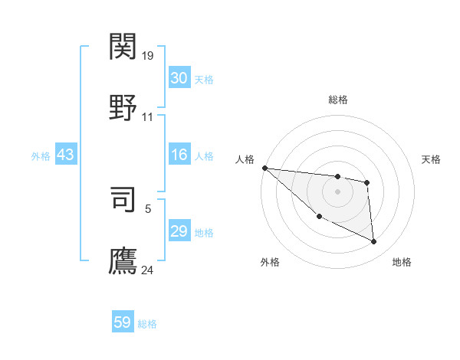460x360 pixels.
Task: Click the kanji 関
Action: coord(123,47)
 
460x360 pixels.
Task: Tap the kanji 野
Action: coord(123,108)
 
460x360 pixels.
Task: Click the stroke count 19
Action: coord(149,56)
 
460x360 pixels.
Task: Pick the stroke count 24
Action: coord(148,270)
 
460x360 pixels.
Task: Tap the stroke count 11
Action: coord(148,117)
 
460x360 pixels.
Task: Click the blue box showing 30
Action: coord(179,78)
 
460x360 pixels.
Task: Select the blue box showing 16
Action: coord(179,155)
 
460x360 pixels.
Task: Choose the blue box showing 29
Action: coord(179,231)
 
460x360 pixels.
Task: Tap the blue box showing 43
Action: coord(66,155)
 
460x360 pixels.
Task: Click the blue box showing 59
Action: coord(123,322)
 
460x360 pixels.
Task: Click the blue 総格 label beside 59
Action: coord(147,324)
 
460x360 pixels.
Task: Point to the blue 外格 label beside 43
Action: coord(41,156)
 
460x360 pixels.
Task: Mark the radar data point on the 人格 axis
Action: coord(264,168)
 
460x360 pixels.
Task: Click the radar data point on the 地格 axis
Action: coord(374,242)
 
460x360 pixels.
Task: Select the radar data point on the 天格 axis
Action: coord(367,182)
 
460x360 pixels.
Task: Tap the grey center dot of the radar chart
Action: coord(337,191)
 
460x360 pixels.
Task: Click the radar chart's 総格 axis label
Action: coord(337,100)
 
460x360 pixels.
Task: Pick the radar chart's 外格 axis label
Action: coord(270,262)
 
